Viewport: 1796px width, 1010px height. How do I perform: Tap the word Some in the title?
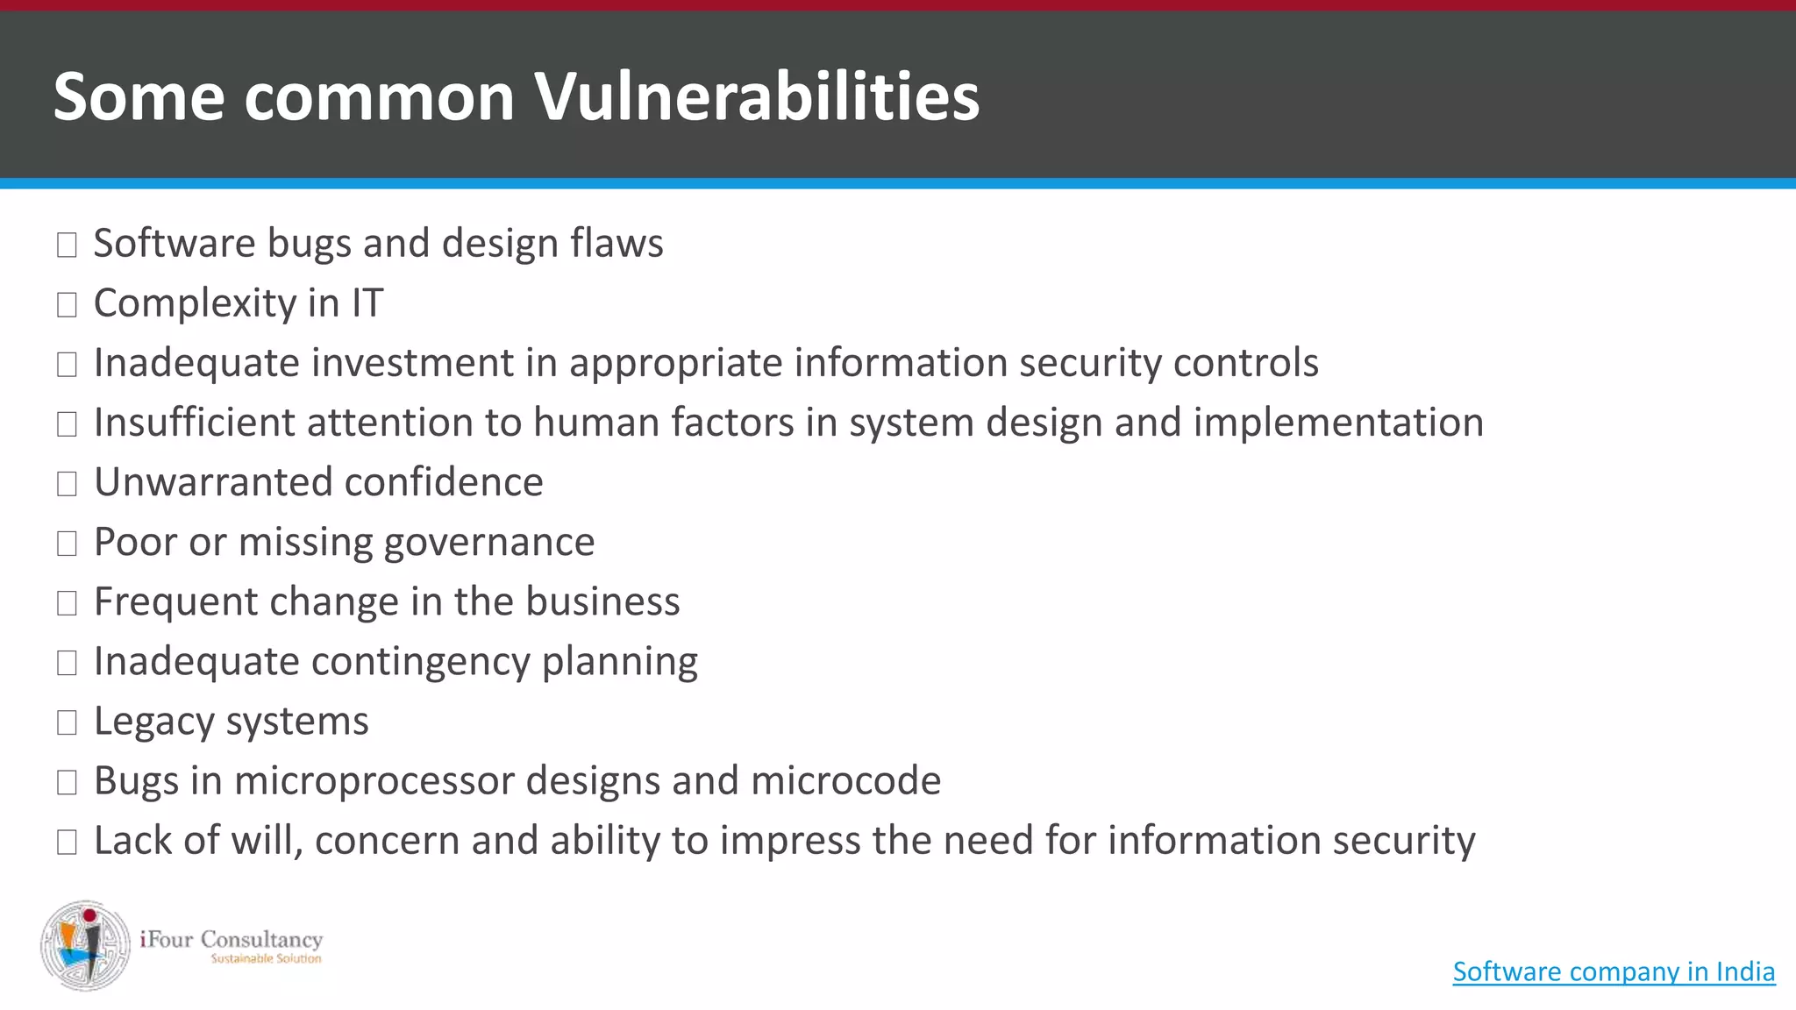139,96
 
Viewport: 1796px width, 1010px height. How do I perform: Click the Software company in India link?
1614,971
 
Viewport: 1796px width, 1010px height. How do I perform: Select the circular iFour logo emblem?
86,945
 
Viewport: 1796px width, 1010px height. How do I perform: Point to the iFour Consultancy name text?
232,939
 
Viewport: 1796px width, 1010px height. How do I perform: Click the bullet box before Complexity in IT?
67,305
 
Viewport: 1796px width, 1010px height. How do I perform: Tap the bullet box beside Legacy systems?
67,722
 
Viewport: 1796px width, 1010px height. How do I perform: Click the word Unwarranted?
214,482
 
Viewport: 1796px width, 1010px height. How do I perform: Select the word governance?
489,543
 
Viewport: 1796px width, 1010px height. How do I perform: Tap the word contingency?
420,662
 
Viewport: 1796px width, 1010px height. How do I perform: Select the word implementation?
1338,423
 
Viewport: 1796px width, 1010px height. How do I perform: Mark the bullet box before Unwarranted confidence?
67,484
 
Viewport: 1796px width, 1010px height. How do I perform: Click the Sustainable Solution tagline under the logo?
266,959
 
